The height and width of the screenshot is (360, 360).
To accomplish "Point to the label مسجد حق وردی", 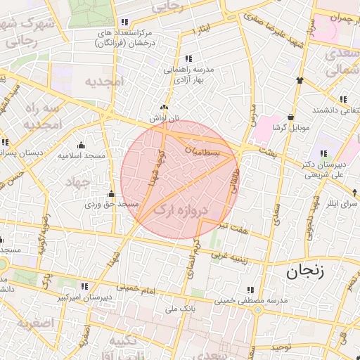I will point(105,204).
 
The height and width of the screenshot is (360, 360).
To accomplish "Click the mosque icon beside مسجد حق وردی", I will point(110,194).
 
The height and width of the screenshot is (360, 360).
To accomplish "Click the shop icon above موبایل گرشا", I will point(290,117).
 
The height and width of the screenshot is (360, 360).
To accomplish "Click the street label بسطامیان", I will point(204,150).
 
